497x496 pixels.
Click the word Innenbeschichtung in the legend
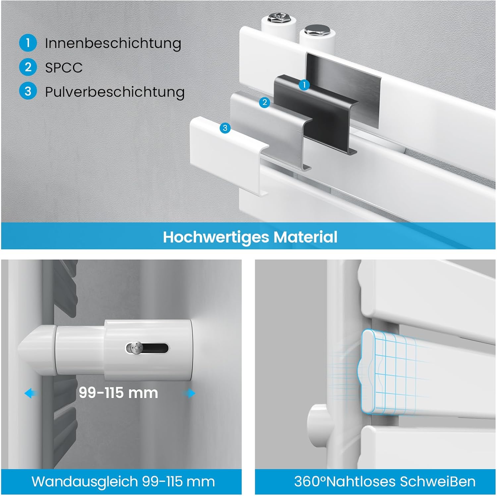click(x=113, y=43)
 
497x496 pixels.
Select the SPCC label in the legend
click(x=64, y=68)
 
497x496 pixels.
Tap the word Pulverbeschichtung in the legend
click(x=115, y=92)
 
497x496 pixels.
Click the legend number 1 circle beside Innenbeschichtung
click(x=28, y=43)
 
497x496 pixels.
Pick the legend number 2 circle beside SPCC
click(x=28, y=67)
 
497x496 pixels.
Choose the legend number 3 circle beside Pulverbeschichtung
click(x=28, y=91)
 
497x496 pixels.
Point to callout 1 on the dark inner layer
click(x=304, y=85)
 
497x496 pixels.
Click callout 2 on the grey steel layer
click(x=264, y=103)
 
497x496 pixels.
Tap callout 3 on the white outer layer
click(x=225, y=128)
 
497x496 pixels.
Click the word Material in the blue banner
click(x=305, y=237)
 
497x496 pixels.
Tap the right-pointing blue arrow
click(x=189, y=393)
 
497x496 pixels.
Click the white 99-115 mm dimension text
click(x=118, y=393)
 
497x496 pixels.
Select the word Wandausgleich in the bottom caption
click(x=85, y=482)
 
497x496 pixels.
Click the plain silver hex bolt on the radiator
click(x=313, y=31)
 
